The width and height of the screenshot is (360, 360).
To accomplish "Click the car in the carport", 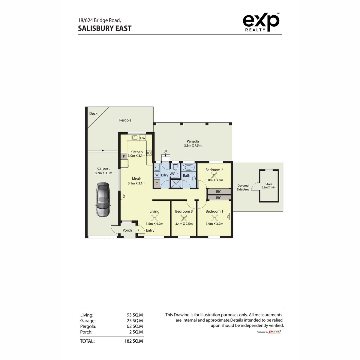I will (103, 199).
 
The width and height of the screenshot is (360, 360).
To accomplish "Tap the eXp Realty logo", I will (261, 22).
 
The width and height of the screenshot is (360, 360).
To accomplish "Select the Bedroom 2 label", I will (214, 170).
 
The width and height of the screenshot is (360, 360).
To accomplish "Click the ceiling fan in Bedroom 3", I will (184, 218).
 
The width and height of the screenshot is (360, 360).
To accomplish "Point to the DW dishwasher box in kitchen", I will (143, 138).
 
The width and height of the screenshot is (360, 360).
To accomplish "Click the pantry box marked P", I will (124, 156).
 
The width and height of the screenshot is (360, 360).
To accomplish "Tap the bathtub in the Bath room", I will (188, 168).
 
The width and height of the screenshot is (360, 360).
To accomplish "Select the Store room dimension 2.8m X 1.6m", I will (269, 187).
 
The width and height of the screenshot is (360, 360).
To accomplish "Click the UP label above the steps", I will (165, 151).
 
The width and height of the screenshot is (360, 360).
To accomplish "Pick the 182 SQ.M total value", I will (133, 341).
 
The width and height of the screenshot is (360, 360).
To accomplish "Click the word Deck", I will (93, 113).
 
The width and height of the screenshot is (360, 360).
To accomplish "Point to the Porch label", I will (127, 230).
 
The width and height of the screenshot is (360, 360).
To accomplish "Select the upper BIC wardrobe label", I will (219, 192).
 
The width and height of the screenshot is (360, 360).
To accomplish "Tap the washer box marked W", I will (157, 175).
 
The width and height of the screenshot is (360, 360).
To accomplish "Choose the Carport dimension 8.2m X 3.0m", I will (103, 173).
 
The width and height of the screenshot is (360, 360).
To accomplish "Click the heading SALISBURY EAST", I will (105, 28).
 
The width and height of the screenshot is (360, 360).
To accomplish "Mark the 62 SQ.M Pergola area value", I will (135, 326).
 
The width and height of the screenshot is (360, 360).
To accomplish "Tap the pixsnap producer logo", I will (274, 331).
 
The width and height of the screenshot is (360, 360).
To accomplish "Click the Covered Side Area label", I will (243, 187).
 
